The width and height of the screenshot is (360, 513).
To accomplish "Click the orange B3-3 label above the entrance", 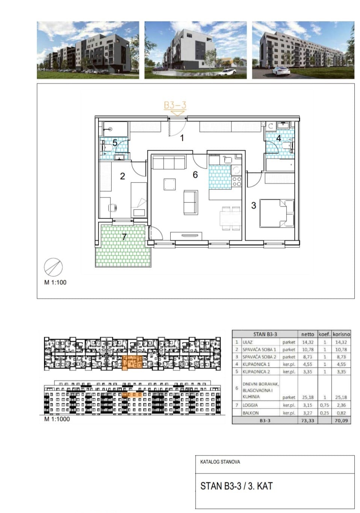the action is [175, 105].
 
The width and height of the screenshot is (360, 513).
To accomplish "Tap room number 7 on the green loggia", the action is [124, 237].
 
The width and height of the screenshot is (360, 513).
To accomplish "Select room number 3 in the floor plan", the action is [253, 205].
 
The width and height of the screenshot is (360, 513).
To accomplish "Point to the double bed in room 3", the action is [277, 213].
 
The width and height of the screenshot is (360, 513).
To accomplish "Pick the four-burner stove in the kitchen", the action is [237, 181].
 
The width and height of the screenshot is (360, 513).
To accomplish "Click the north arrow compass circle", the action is [53, 267].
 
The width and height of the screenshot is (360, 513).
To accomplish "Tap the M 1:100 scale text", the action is [55, 282].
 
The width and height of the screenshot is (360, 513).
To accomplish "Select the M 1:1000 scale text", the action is [57, 419].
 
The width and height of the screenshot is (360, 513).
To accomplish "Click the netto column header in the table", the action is [307, 334].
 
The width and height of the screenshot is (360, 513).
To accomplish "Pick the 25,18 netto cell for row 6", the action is [307, 397].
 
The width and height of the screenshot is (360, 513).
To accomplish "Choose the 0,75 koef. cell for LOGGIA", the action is [324, 405].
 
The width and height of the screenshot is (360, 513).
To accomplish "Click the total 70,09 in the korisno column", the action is [341, 421].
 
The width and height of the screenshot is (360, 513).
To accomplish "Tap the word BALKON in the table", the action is [251, 413].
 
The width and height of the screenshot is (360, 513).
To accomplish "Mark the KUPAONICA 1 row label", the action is [256, 364].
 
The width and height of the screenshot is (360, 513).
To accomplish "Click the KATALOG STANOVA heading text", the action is [220, 462].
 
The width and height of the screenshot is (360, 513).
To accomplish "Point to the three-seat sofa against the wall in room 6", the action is [169, 162].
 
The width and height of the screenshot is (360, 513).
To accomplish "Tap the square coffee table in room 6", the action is [169, 184].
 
